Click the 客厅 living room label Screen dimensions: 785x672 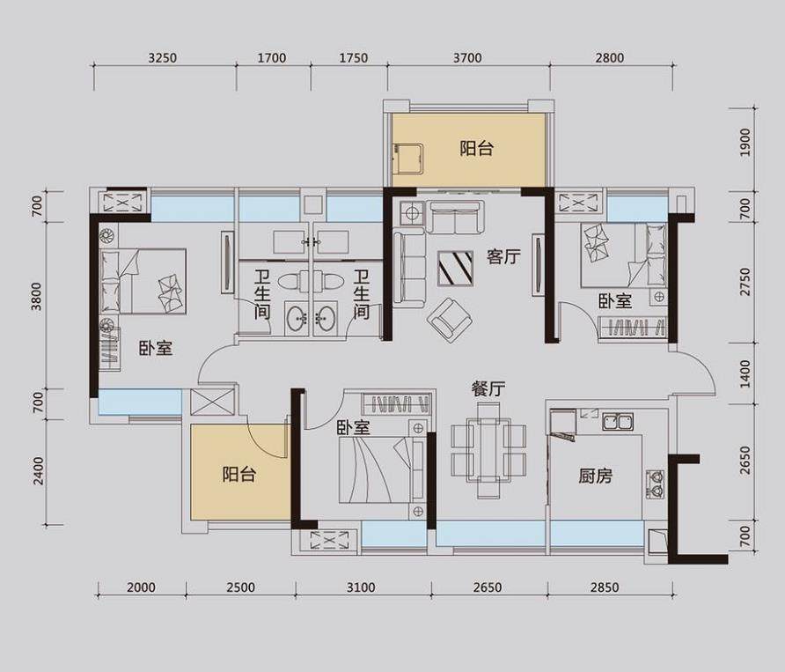(503, 257)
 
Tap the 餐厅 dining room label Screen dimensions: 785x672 (488, 389)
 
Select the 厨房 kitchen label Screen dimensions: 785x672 (595, 476)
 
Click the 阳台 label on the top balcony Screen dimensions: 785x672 (477, 148)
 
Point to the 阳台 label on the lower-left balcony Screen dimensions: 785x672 (238, 474)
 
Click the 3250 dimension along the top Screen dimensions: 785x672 (162, 58)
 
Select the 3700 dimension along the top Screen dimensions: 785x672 (467, 58)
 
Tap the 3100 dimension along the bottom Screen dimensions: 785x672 (361, 587)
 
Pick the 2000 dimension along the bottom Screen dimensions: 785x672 (141, 587)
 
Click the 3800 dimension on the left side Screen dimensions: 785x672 (37, 296)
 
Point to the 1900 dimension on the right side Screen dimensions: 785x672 (745, 143)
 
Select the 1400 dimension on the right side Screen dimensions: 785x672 (745, 373)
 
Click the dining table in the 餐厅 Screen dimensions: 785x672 (488, 450)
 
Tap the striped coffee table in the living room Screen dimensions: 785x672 (455, 268)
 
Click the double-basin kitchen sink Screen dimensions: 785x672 (618, 422)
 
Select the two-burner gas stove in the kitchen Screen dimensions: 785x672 (656, 484)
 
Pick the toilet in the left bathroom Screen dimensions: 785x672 (291, 282)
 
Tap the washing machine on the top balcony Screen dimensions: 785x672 (408, 159)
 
